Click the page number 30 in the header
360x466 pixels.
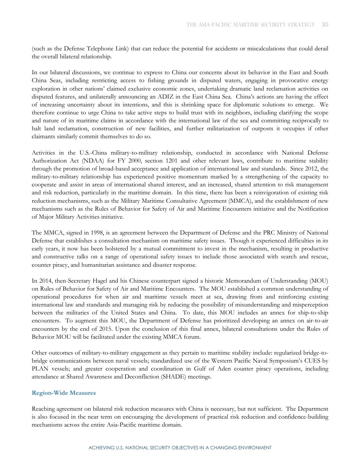click(x=324, y=25)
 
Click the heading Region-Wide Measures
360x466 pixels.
click(x=64, y=393)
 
